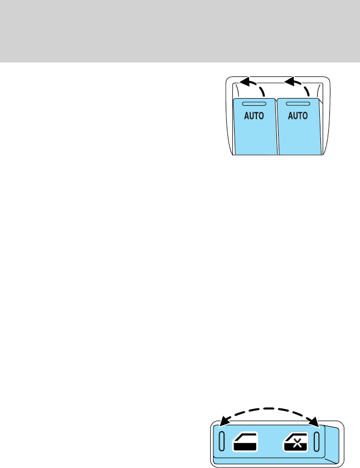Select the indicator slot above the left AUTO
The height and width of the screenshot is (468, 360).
tap(254, 104)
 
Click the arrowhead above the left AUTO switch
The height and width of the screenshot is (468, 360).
tap(244, 84)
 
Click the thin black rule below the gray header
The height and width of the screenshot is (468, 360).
tap(180, 63)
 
